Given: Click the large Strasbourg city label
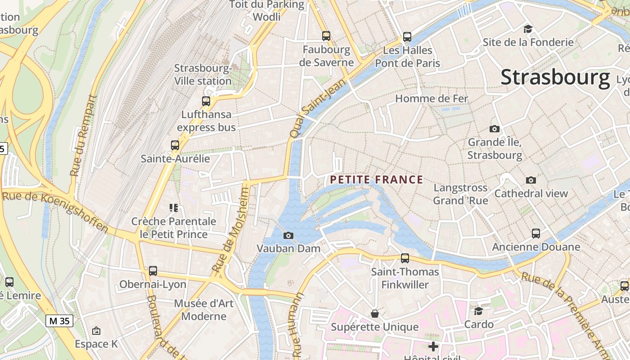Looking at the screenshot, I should [555, 77].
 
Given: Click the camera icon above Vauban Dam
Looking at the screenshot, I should [288, 235].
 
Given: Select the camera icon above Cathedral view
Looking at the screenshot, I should [531, 180].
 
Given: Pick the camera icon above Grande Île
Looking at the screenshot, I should [494, 129].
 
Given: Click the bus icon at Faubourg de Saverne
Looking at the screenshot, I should [326, 36].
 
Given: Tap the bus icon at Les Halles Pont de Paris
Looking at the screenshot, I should [407, 36].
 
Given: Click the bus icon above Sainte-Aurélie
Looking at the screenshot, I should [175, 145].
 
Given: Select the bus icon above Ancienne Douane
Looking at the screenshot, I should [535, 234].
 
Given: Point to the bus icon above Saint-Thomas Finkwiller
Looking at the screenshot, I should [405, 258].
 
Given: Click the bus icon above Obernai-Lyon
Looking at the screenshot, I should [153, 271].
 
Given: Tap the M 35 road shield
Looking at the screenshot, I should [59, 321].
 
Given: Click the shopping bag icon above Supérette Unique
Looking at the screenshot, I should [374, 313].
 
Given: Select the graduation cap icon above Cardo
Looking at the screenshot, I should [478, 311].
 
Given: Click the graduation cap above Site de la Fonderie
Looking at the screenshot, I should [527, 29].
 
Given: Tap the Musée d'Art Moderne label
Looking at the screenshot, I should [204, 310].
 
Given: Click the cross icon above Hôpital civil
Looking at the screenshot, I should [433, 346].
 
